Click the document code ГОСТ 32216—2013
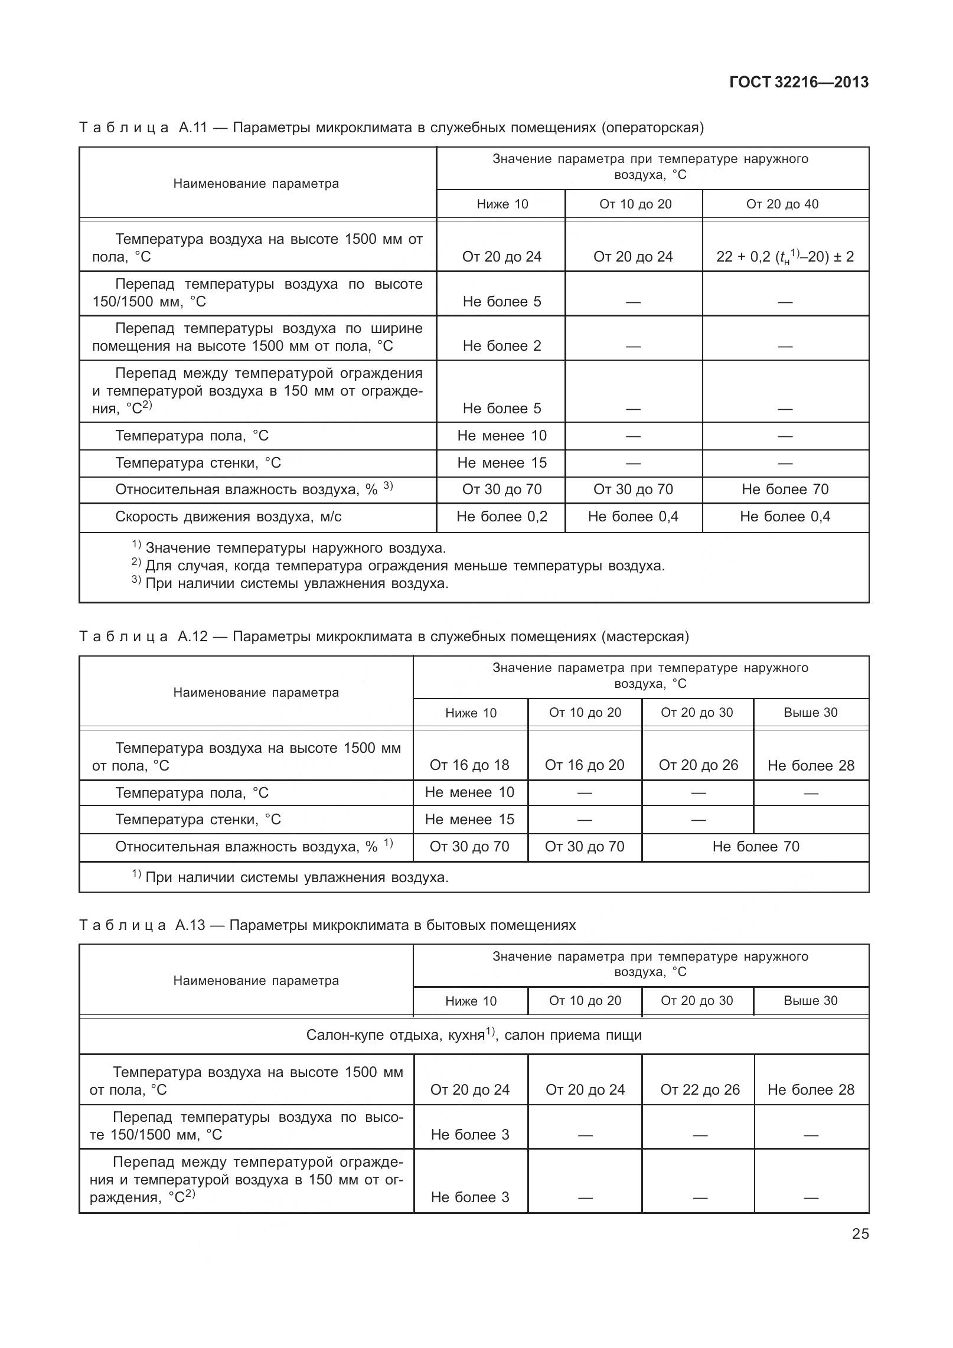click(x=798, y=82)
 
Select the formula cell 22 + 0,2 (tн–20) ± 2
click(x=785, y=257)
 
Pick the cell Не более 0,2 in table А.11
click(x=501, y=517)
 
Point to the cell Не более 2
click(x=501, y=346)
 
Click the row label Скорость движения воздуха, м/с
click(x=228, y=517)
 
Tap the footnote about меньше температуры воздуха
click(x=404, y=566)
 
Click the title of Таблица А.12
click(x=384, y=637)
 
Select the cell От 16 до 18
click(x=469, y=765)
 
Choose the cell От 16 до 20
click(x=584, y=765)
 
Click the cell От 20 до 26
click(x=698, y=765)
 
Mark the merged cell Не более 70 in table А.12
click(x=755, y=847)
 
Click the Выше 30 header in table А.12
click(x=810, y=713)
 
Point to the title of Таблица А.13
click(x=327, y=925)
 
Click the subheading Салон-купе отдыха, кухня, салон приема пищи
click(x=474, y=1035)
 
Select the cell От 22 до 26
click(x=700, y=1090)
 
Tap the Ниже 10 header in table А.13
click(x=471, y=1001)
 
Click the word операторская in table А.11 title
click(x=652, y=128)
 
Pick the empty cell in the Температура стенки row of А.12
click(x=810, y=820)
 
